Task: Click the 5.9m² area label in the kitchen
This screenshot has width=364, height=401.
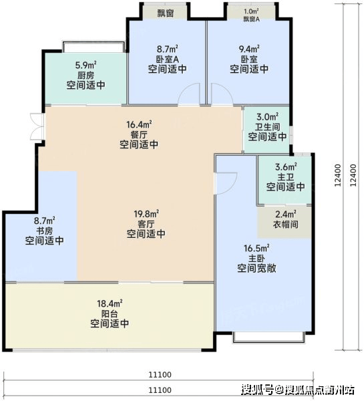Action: [x=86, y=65]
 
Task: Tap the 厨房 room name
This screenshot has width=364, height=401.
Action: [x=85, y=75]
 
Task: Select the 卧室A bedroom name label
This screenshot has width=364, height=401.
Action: [x=168, y=59]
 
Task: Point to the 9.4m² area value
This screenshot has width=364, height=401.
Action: [x=249, y=48]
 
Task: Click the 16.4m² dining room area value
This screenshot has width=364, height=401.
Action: [x=139, y=124]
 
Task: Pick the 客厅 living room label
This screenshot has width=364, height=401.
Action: [x=146, y=224]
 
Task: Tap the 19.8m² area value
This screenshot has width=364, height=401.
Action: [x=146, y=214]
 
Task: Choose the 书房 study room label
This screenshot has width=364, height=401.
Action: [x=45, y=231]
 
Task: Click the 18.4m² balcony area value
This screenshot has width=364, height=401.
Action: [x=110, y=303]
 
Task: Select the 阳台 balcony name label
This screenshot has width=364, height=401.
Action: [x=110, y=314]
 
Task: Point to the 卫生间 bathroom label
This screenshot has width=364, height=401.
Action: [x=267, y=127]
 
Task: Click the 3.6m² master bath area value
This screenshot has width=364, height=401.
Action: [x=286, y=167]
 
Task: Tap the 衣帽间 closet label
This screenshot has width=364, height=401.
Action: [x=286, y=225]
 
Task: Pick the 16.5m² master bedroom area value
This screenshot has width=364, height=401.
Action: [x=256, y=248]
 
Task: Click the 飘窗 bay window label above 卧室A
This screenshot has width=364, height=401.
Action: [x=166, y=13]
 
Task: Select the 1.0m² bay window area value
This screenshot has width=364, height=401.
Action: [x=251, y=11]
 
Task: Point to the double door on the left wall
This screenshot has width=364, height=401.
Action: [x=37, y=126]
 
